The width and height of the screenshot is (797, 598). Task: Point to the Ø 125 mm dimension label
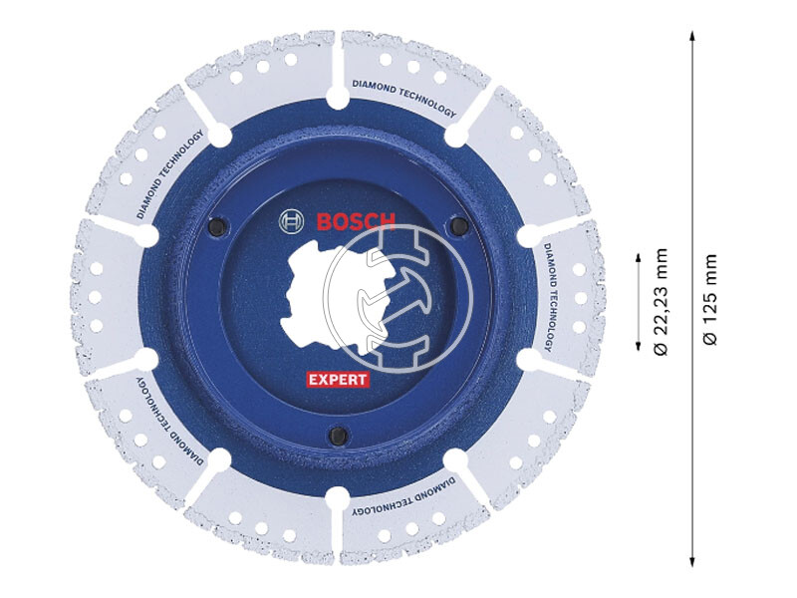(x=709, y=299)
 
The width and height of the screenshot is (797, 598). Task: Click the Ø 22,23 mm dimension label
(x=659, y=299)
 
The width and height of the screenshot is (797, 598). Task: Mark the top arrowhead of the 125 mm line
(x=691, y=37)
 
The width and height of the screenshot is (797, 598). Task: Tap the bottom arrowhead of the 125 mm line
(x=691, y=561)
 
